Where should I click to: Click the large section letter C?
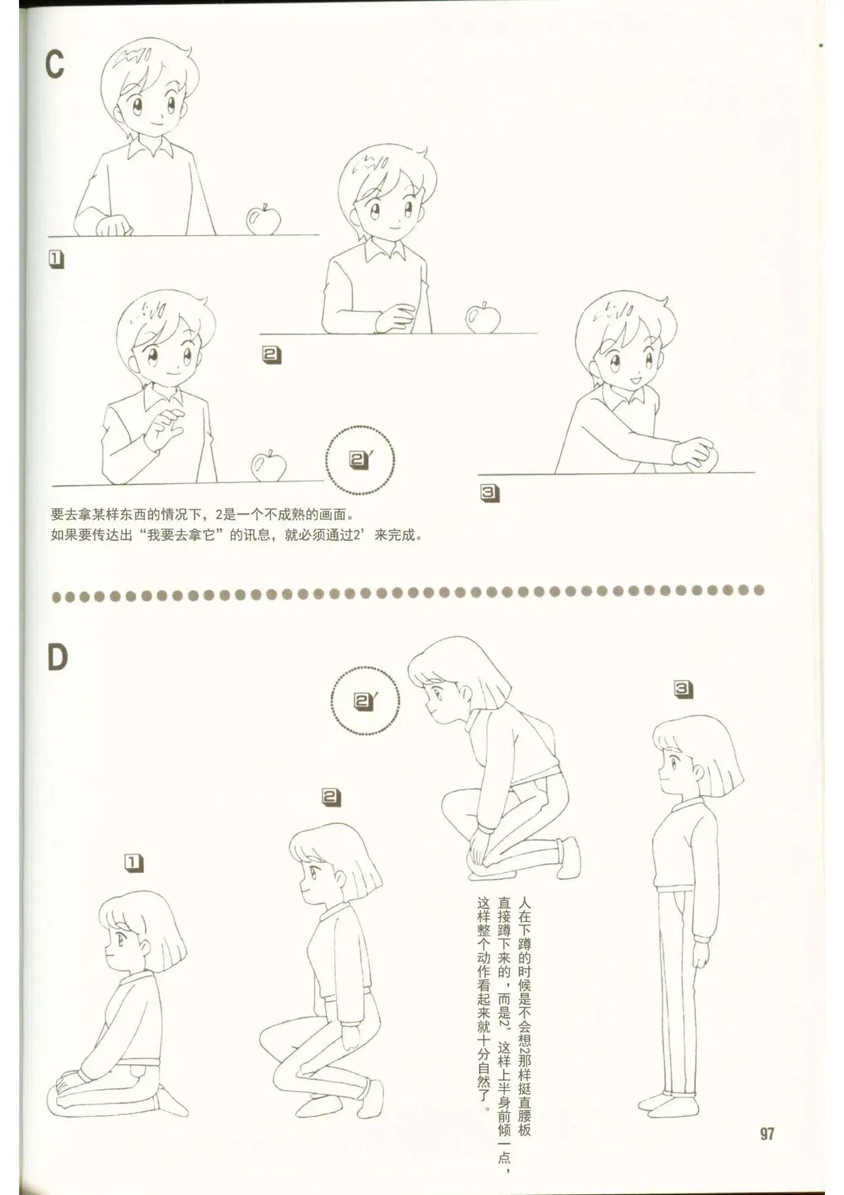[55, 64]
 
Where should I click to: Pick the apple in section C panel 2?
[483, 317]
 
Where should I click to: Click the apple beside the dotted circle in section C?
[268, 466]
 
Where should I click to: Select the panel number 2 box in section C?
[271, 355]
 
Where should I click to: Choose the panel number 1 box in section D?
[134, 863]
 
